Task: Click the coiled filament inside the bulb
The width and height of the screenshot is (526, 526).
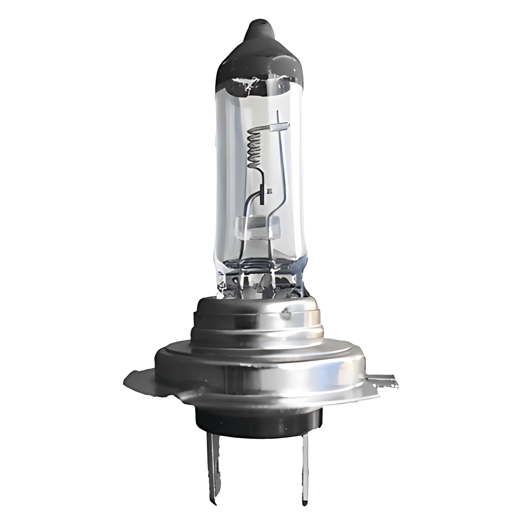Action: pyautogui.click(x=255, y=147)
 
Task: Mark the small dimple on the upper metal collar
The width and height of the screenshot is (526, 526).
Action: pyautogui.click(x=286, y=312)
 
